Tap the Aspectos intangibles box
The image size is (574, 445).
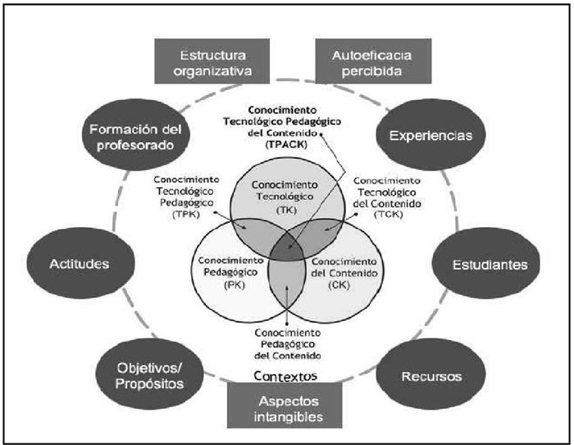[x=285, y=407]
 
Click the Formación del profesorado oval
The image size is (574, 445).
[x=135, y=134]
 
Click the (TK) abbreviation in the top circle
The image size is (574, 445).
[x=286, y=211]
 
